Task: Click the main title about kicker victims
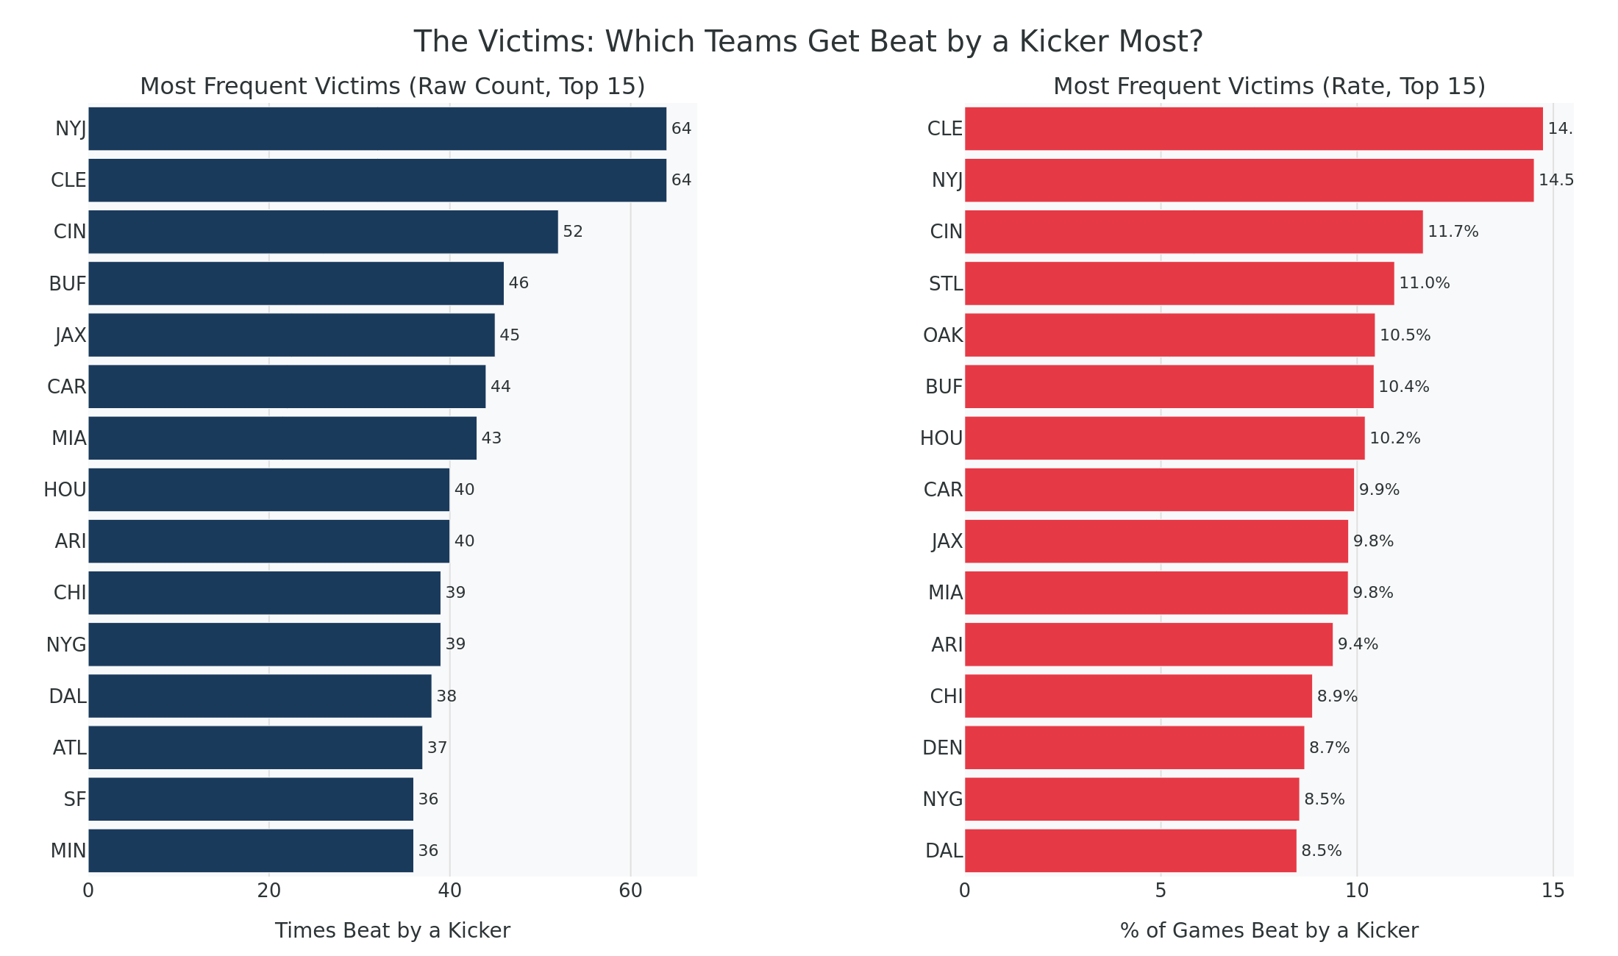point(808,42)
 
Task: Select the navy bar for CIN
point(323,232)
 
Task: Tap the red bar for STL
point(1179,283)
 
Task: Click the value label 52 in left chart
point(572,232)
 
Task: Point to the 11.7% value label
point(1453,232)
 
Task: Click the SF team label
point(75,799)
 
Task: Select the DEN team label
point(942,748)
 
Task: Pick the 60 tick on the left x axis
point(630,891)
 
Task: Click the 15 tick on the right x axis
point(1553,891)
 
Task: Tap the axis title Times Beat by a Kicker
point(392,931)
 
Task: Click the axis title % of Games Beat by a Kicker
point(1269,931)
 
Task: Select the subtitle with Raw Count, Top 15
point(392,87)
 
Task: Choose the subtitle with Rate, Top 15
point(1269,87)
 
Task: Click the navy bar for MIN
point(251,851)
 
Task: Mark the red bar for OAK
point(1169,335)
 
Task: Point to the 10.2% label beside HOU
point(1394,438)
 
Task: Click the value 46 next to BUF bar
point(518,283)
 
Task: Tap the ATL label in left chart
point(70,748)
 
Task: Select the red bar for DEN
point(1134,748)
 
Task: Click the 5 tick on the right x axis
point(1161,891)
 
